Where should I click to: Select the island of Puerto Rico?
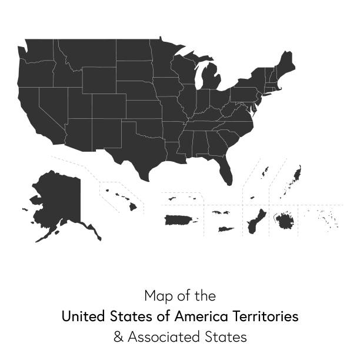(180, 220)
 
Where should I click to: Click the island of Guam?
(255, 222)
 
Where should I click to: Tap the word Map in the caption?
(156, 295)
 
